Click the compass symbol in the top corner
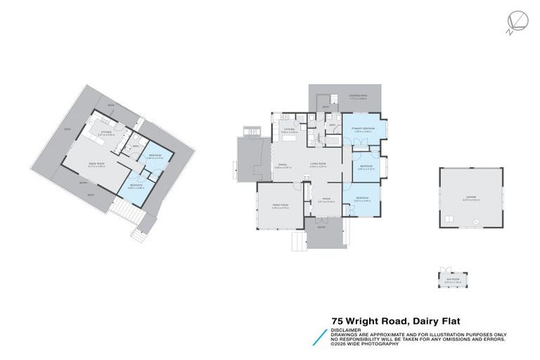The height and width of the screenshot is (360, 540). click(513, 22)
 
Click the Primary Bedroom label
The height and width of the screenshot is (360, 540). click(361, 130)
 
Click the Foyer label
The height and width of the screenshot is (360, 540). click(326, 200)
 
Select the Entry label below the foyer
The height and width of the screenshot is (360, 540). click(322, 228)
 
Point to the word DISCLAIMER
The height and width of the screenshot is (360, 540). click(345, 328)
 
